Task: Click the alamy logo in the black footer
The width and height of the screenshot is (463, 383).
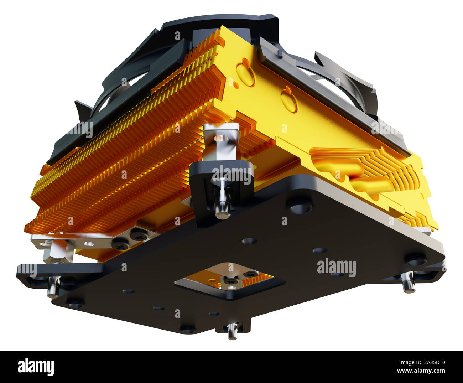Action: pos(36,367)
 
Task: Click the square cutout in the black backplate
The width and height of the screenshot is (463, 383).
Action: pos(229,280)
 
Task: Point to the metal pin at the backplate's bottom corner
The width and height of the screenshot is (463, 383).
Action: pos(233,331)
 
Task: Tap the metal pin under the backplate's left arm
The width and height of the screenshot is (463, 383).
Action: pos(53,287)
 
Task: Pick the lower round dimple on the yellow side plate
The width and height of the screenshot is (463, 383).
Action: pos(289,101)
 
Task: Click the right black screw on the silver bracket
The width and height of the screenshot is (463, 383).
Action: pos(138,235)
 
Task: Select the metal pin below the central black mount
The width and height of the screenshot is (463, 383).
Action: pos(223,205)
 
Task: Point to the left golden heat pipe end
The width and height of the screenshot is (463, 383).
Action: pos(338,168)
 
